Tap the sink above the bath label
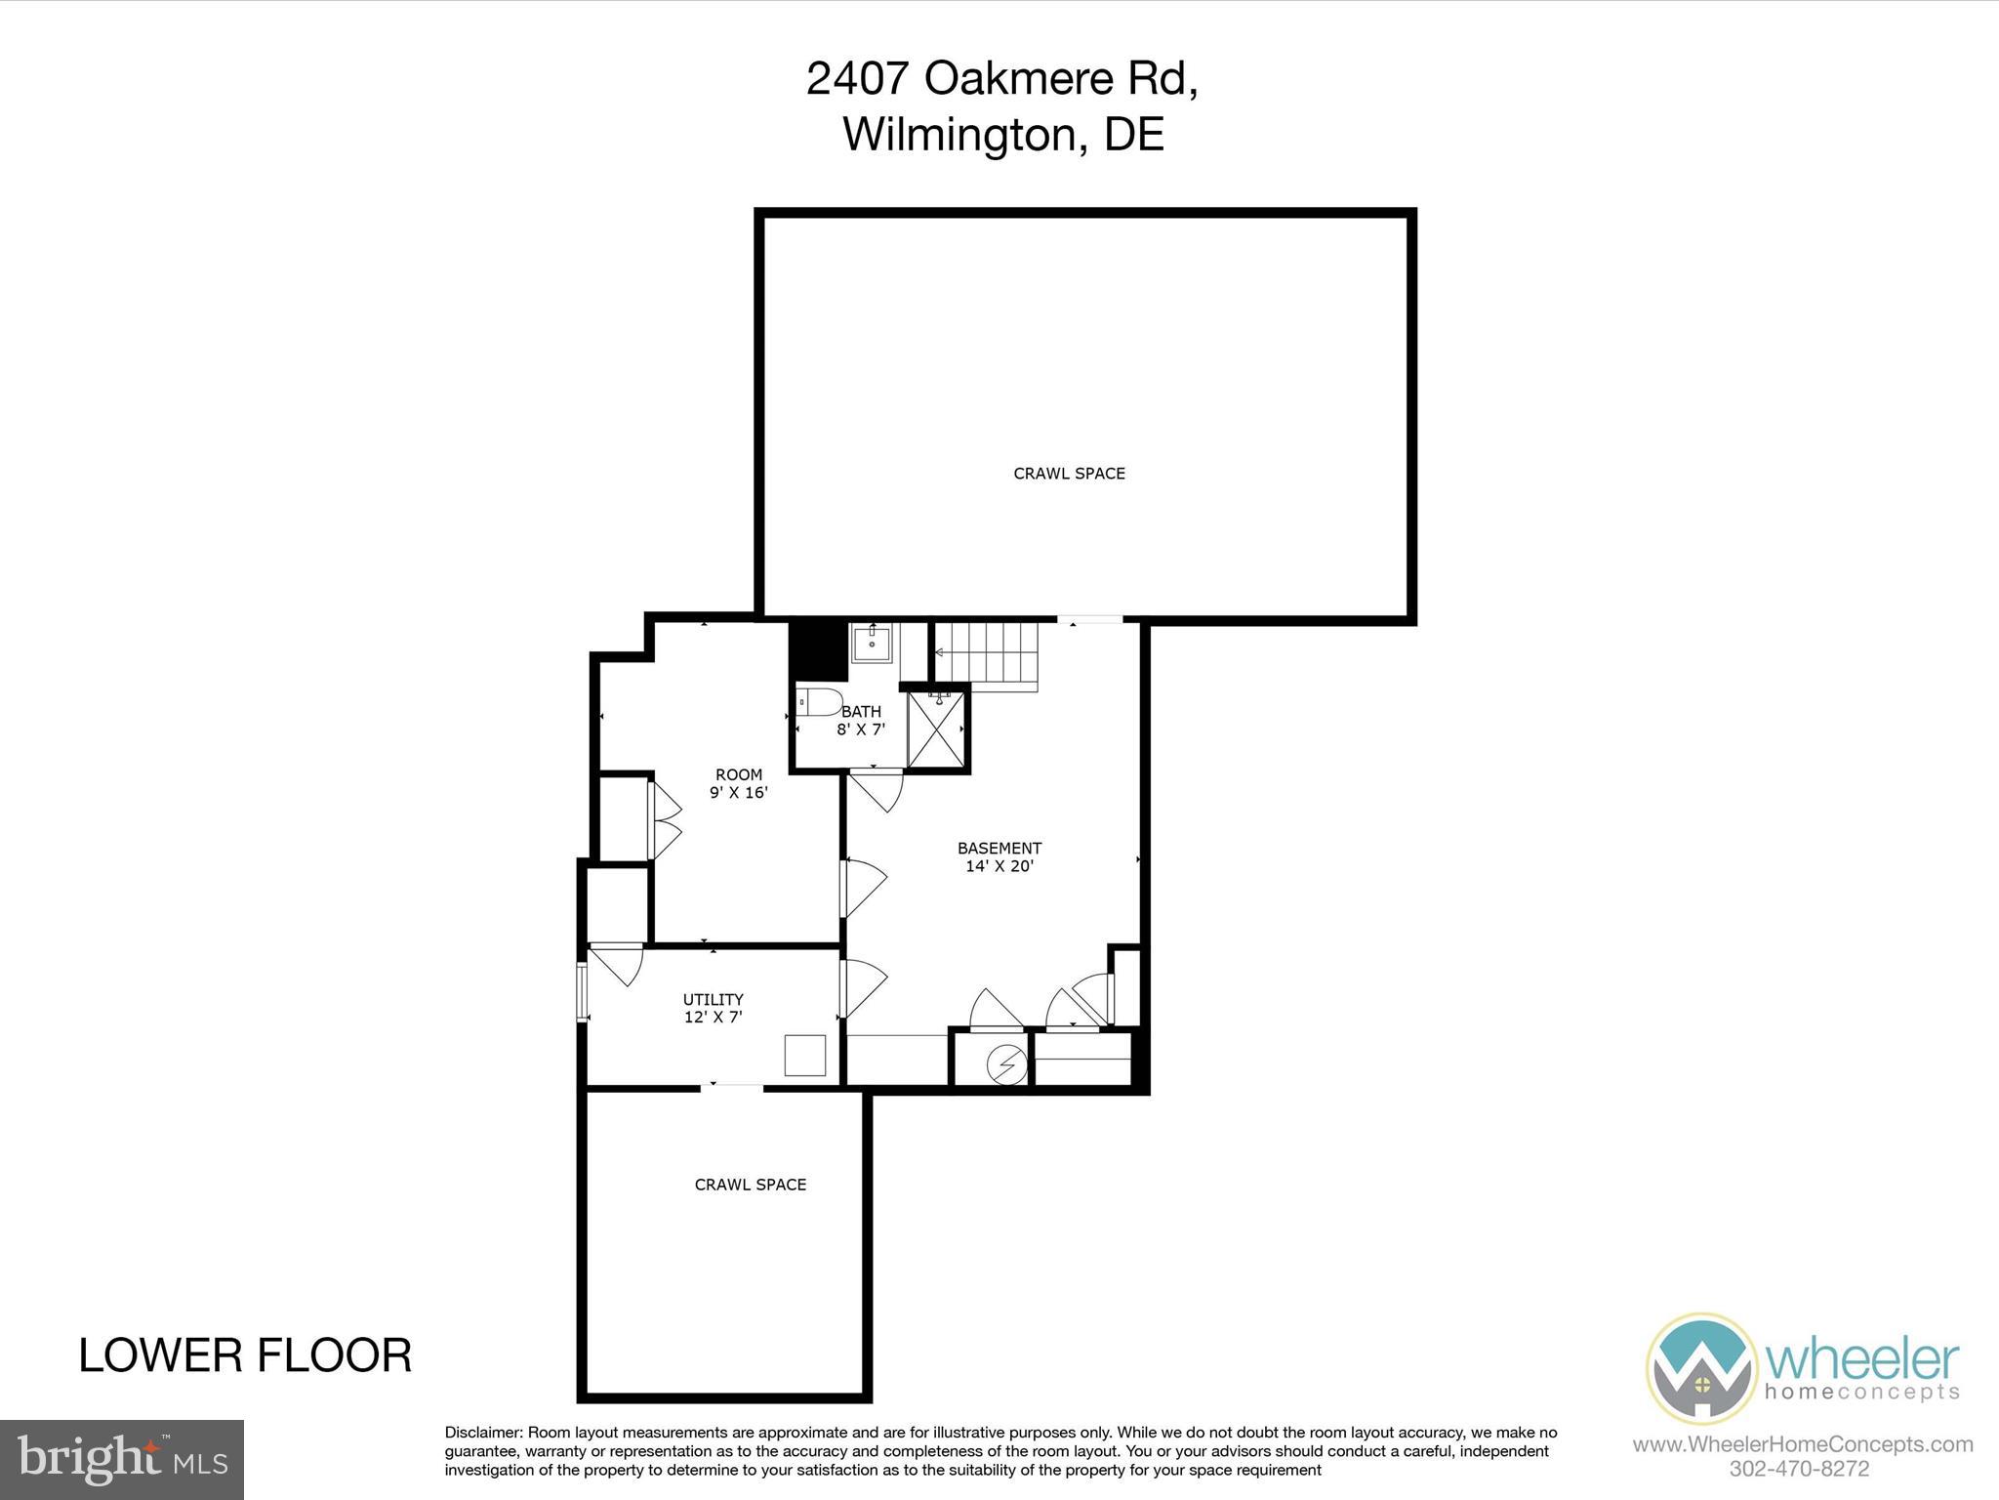[x=872, y=645]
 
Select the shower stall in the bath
[x=936, y=729]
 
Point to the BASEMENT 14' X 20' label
[x=999, y=857]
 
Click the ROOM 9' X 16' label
[x=739, y=784]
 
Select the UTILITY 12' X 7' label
[x=714, y=1008]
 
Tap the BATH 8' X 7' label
[x=861, y=721]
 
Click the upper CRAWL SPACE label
[x=1069, y=474]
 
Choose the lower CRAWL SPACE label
[x=750, y=1185]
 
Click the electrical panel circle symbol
[x=1007, y=1063]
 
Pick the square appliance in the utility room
[x=805, y=1056]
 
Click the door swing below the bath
[x=876, y=790]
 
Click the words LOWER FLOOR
[x=245, y=1355]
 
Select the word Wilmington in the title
[x=959, y=134]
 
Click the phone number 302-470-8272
[x=1798, y=1469]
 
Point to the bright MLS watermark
[x=122, y=1459]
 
